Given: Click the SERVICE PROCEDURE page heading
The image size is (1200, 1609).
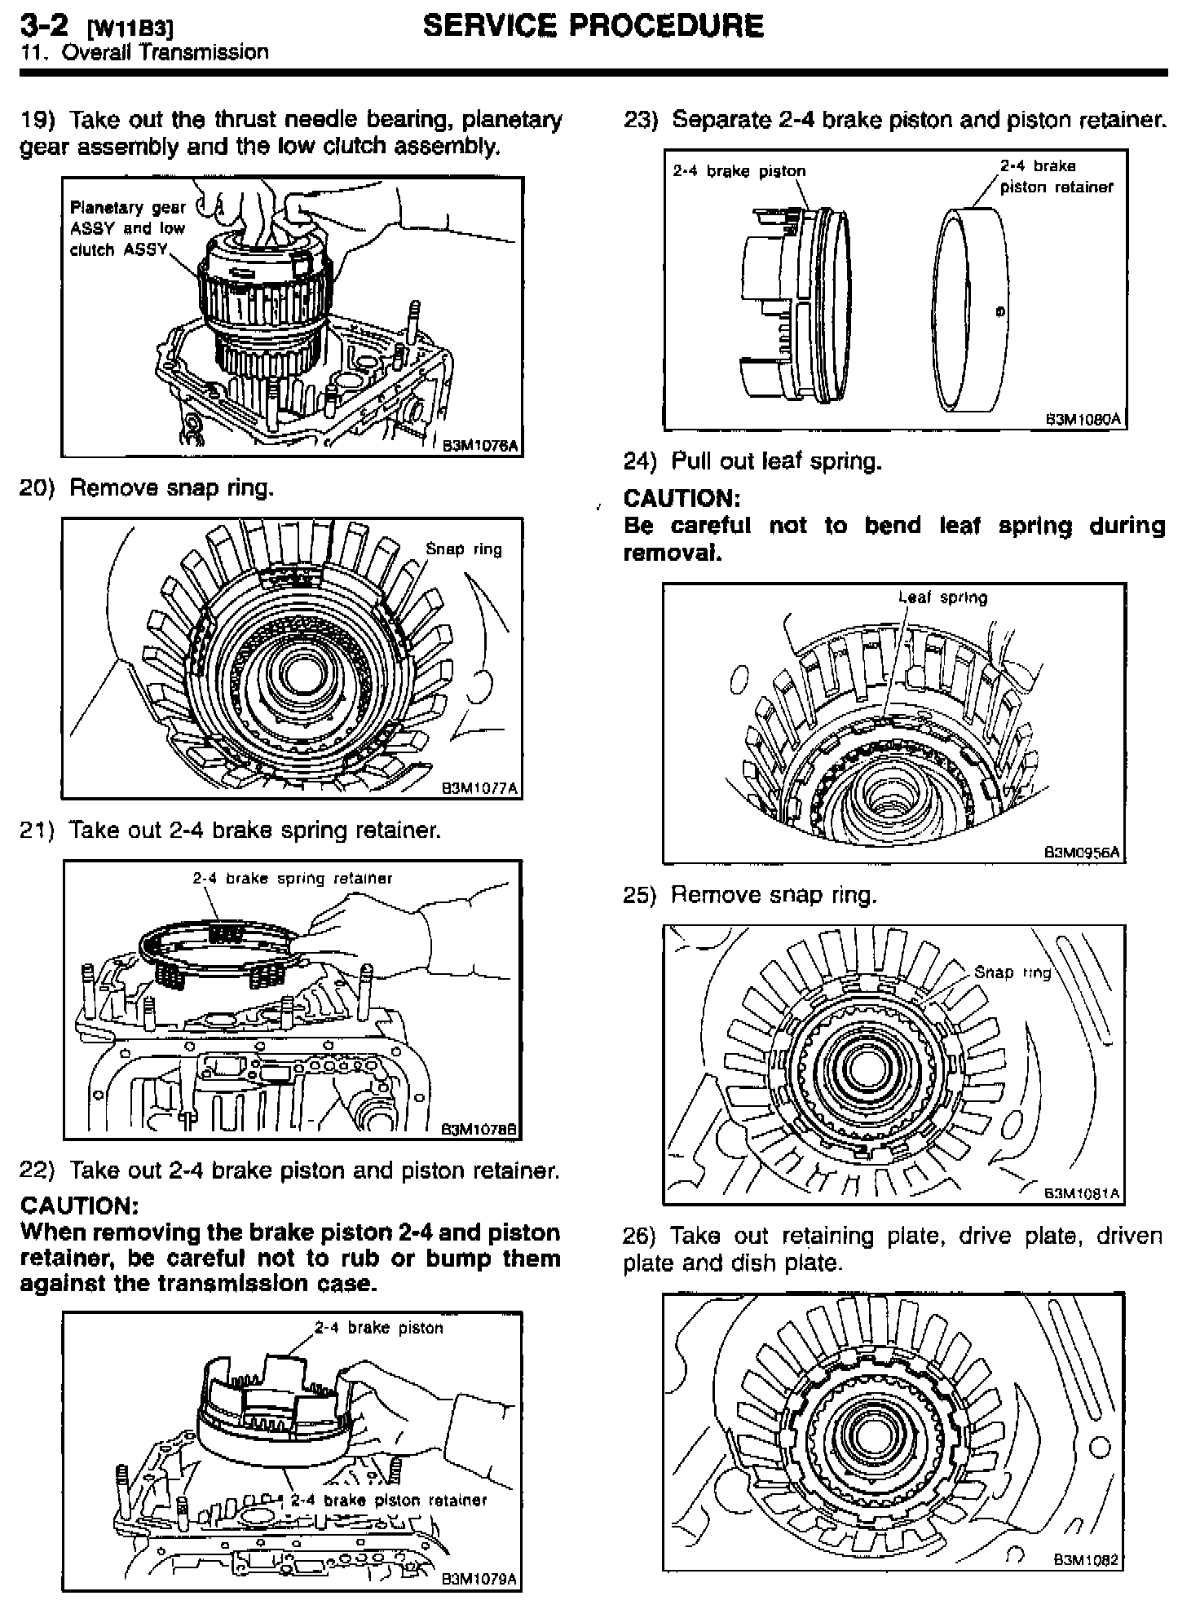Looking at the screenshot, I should pos(593,26).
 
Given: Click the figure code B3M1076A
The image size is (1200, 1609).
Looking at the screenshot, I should pos(480,446).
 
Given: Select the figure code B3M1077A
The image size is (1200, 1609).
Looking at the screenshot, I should pos(480,788).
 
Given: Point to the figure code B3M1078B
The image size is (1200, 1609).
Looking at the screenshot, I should pos(480,1130).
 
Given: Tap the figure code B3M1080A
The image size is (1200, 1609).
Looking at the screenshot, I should pos(1083,420).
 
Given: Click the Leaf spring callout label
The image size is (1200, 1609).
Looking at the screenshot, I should pos(942,597).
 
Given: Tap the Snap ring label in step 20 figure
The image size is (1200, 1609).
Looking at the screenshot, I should pos(464,549).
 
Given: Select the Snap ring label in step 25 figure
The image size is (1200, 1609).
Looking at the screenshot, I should pos(1012,972).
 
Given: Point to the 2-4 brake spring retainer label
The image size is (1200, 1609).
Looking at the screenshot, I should pos(293,879).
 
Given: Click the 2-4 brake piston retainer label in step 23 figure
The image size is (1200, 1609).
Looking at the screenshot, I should pos(1056,176).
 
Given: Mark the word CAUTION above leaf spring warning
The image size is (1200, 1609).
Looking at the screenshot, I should pos(682,498).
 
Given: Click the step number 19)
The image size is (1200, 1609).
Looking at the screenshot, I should pos(37,121).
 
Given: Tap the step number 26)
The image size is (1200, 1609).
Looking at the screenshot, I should pos(640,1236).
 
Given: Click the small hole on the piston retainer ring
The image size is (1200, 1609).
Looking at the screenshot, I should pos(1000,311).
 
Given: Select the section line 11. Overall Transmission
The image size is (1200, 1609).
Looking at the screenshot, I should pos(144,53).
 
